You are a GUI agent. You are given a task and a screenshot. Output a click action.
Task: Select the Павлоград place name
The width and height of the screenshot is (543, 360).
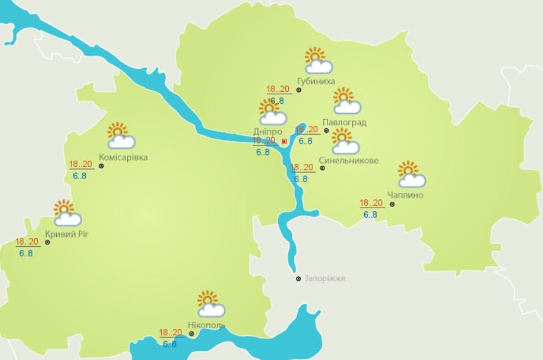[343, 122]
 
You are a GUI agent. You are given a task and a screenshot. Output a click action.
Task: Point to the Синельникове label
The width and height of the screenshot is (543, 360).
[349, 161]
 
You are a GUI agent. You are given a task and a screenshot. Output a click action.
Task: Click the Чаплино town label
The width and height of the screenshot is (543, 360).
[406, 195]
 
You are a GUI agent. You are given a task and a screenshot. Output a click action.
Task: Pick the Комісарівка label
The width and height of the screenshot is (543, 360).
[123, 157]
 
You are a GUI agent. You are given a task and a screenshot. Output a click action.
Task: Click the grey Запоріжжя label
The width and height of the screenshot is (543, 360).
[325, 278]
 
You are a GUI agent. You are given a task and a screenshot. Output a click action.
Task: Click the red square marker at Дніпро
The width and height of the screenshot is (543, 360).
[284, 142]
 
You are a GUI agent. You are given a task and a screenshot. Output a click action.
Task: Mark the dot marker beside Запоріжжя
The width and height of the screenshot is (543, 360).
[299, 278]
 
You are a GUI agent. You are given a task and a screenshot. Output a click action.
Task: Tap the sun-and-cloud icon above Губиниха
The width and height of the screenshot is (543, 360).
[318, 61]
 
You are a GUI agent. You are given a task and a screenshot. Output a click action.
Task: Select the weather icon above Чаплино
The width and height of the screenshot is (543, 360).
[411, 174]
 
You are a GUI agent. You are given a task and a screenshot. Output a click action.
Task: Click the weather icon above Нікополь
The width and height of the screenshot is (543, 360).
[210, 304]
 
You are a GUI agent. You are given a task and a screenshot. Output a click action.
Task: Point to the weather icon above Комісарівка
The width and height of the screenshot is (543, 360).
[120, 135]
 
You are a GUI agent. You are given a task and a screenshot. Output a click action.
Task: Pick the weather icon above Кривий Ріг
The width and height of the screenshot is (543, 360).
[66, 213]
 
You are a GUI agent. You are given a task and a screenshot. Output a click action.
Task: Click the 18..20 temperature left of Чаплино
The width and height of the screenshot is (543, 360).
[371, 203]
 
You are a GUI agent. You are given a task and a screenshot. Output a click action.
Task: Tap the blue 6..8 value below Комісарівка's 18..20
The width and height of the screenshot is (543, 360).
[80, 175]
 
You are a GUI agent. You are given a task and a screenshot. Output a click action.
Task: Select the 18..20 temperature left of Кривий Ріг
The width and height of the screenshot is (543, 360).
[27, 242]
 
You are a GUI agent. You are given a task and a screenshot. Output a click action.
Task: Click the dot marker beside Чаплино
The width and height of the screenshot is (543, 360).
[392, 204]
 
